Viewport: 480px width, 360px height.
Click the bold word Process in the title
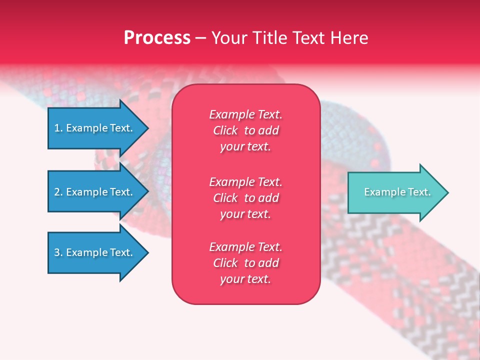157,38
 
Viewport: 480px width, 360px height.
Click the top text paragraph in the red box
245,130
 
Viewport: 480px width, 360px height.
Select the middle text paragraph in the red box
245,198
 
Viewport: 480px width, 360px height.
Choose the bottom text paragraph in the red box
245,263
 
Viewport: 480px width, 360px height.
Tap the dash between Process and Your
200,38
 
